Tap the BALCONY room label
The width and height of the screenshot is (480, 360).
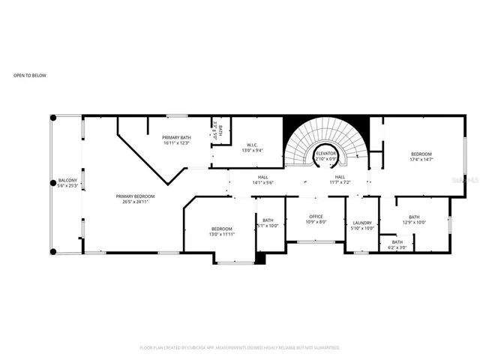click(67, 181)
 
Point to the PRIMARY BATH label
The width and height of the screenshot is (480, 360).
click(177, 137)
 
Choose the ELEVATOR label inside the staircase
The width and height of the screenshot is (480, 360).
click(325, 154)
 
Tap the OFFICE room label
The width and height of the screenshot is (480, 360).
click(316, 217)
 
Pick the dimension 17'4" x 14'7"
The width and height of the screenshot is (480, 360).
click(421, 159)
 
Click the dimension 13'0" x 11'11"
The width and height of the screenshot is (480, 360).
click(221, 234)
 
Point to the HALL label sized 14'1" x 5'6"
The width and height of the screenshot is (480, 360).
click(262, 177)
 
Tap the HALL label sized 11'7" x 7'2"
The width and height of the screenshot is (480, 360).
click(340, 177)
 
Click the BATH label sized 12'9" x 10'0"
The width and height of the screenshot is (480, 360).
click(413, 217)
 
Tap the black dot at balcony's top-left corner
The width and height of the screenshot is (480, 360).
click(53, 118)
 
